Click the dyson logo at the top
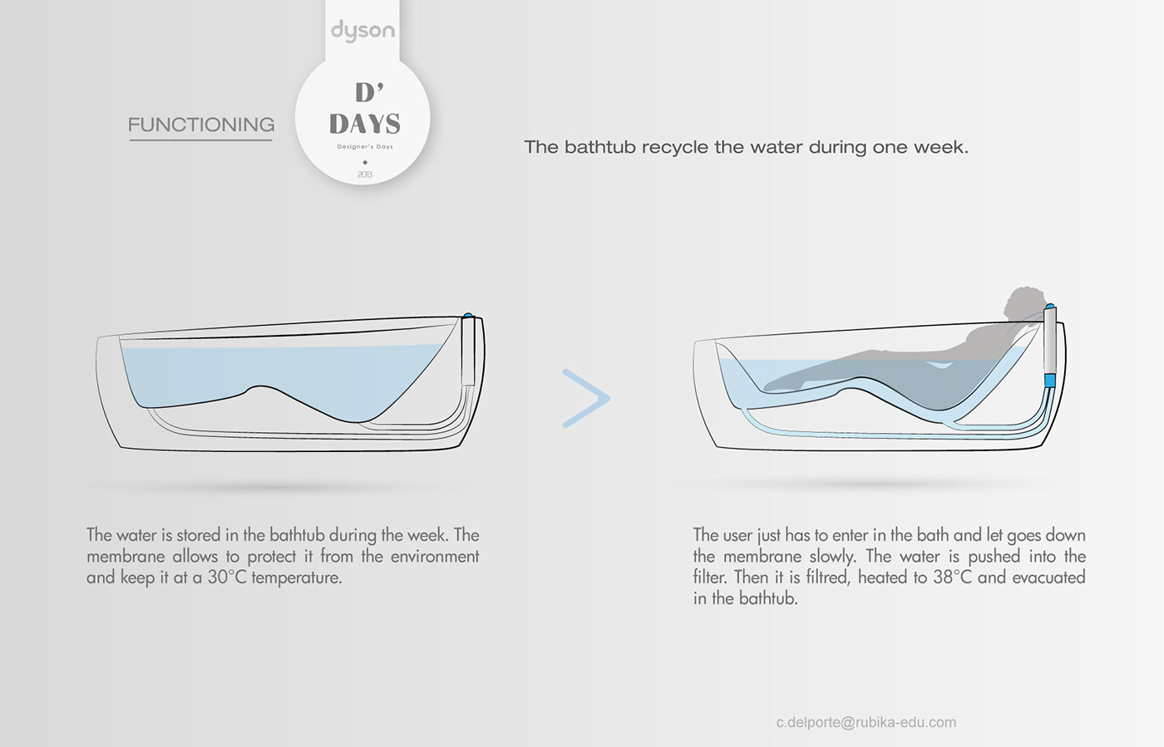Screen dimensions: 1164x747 point(363,31)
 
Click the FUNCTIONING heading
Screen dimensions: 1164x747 point(201,125)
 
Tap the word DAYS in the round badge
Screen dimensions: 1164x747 point(365,124)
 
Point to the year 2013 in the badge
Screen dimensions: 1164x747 point(365,174)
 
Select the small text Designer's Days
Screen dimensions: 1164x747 point(365,147)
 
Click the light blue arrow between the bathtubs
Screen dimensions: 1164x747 point(586,399)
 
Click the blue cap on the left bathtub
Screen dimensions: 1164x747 point(467,315)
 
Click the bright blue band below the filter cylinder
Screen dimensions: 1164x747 point(1049,381)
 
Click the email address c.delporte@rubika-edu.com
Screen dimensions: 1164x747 point(866,723)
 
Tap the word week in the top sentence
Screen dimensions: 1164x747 point(941,147)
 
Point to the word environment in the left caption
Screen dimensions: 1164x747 point(435,557)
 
